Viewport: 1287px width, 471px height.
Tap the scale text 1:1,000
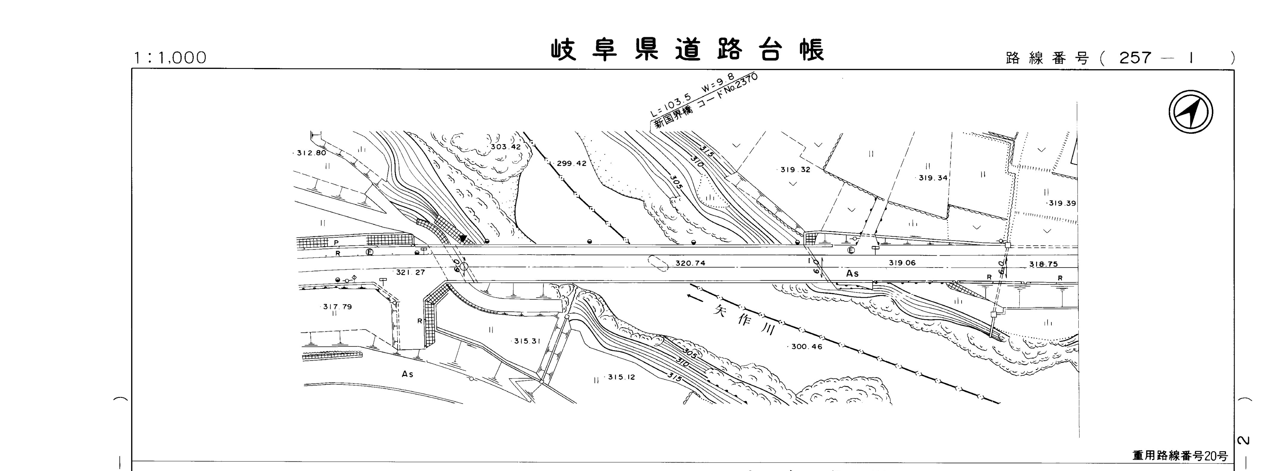(x=170, y=58)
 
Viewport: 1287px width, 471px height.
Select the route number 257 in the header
(x=1135, y=58)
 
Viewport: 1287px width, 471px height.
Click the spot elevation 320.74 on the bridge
(x=690, y=263)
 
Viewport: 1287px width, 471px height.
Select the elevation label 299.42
(x=571, y=163)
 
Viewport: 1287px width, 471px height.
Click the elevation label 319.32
(x=795, y=170)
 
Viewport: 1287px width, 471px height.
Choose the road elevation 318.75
(x=1043, y=264)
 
